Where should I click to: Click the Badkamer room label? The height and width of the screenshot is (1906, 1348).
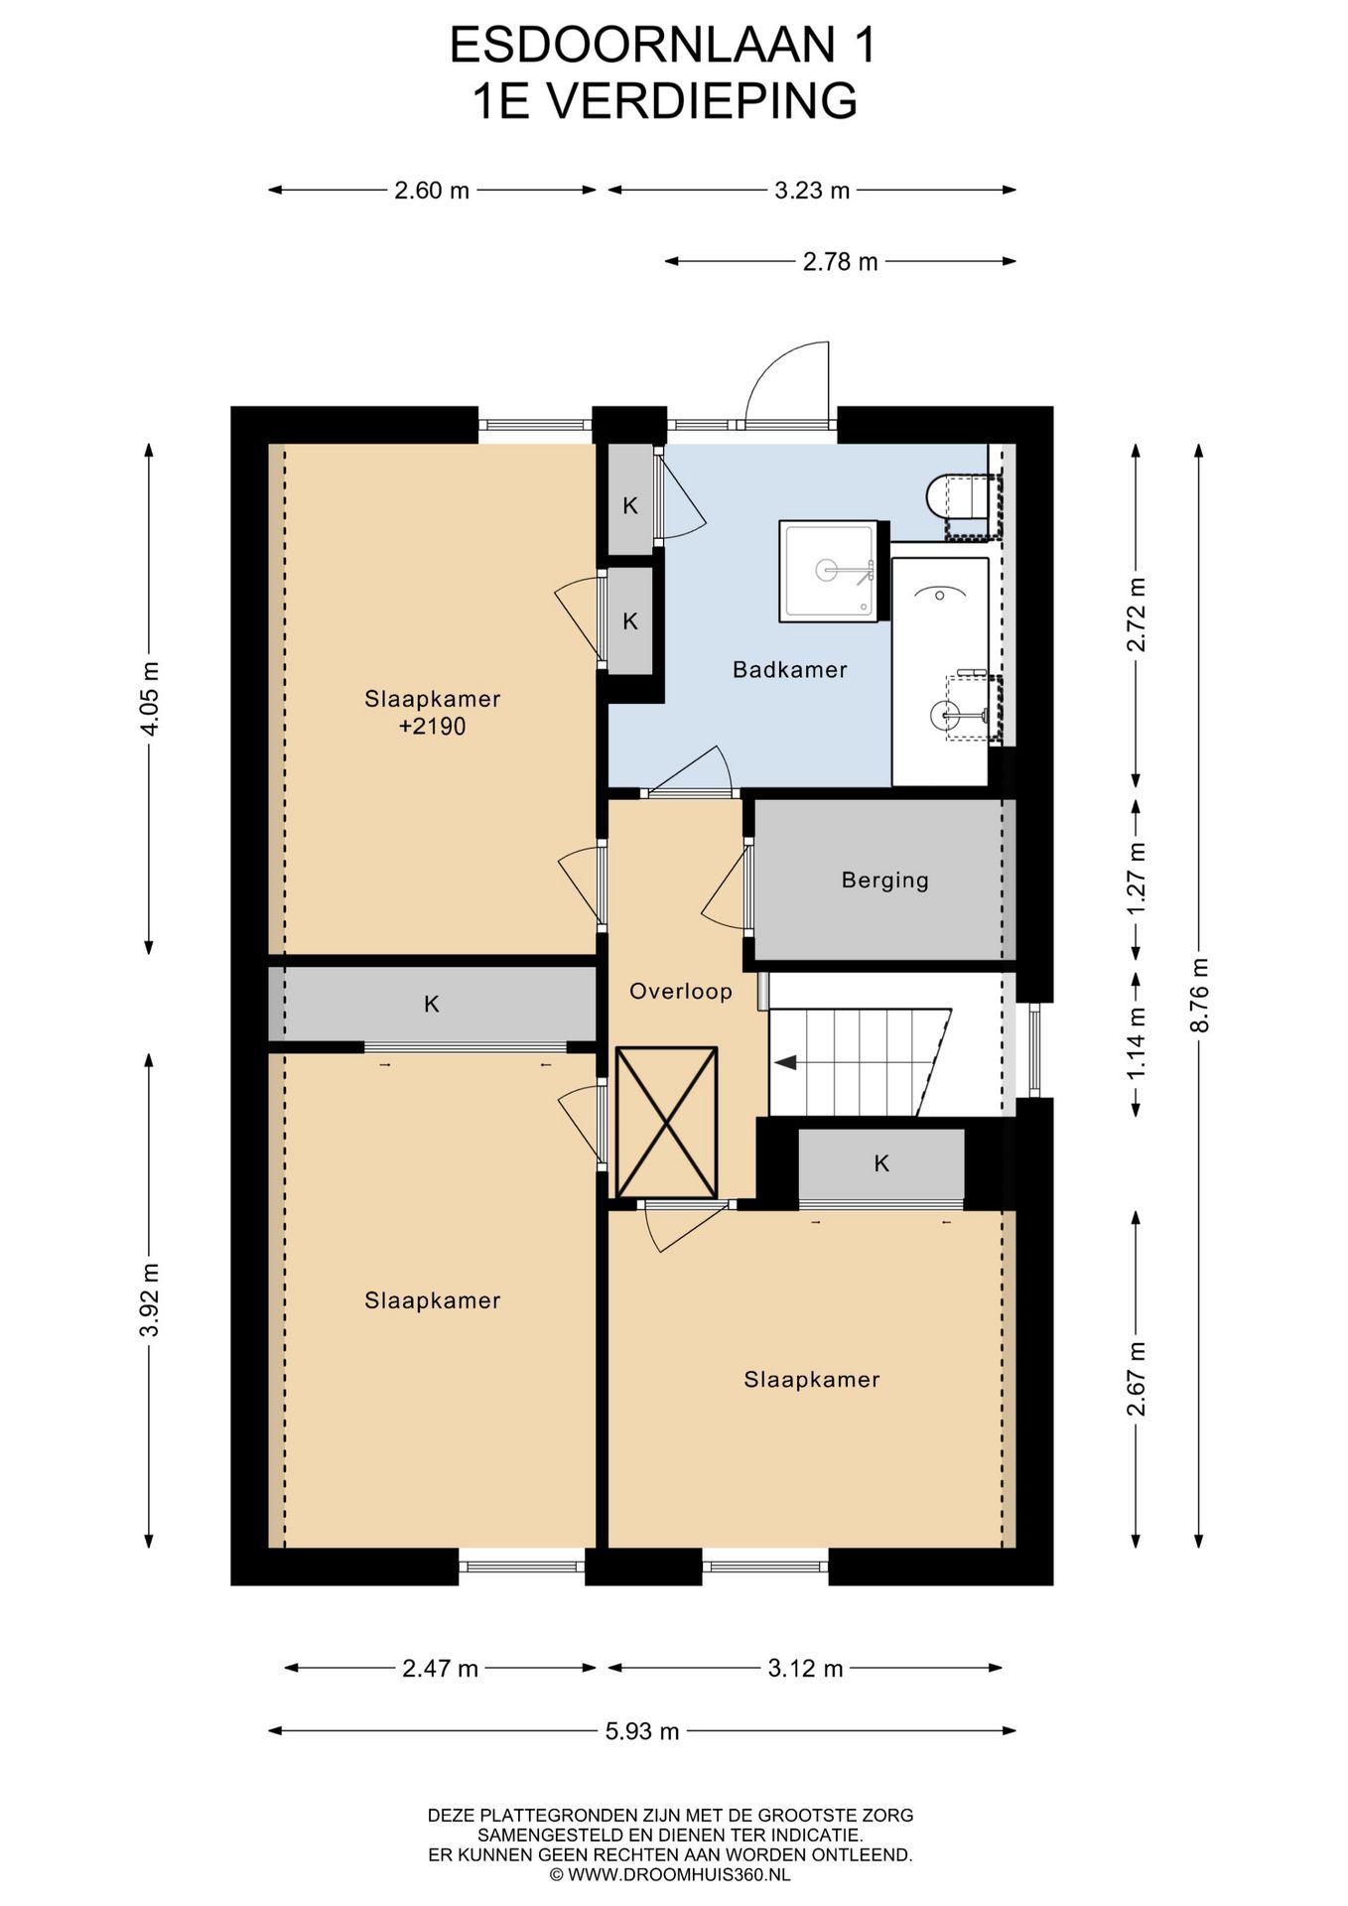(x=789, y=670)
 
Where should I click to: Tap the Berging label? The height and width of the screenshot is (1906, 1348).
(x=884, y=881)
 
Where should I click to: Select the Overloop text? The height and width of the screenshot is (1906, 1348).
(x=681, y=991)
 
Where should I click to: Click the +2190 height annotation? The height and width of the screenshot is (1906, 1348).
(x=432, y=727)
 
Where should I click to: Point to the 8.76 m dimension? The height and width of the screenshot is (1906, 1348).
(x=1199, y=995)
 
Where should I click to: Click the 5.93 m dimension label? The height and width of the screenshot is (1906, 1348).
(x=642, y=1731)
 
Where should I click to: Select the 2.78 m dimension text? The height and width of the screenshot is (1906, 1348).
(x=840, y=262)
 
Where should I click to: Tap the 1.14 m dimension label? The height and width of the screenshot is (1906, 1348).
(x=1136, y=1043)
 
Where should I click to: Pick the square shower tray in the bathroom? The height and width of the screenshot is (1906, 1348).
(x=829, y=572)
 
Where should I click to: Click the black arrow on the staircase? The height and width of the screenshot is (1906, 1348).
(x=785, y=1063)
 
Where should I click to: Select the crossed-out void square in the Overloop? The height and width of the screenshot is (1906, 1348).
(x=666, y=1123)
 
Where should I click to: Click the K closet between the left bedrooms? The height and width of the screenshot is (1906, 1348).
(x=432, y=1004)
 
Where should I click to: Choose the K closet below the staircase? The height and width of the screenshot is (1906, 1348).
(x=881, y=1163)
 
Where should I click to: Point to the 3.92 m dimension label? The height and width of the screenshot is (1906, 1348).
(x=149, y=1300)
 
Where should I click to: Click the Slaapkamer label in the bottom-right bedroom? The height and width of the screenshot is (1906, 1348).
(x=812, y=1380)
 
